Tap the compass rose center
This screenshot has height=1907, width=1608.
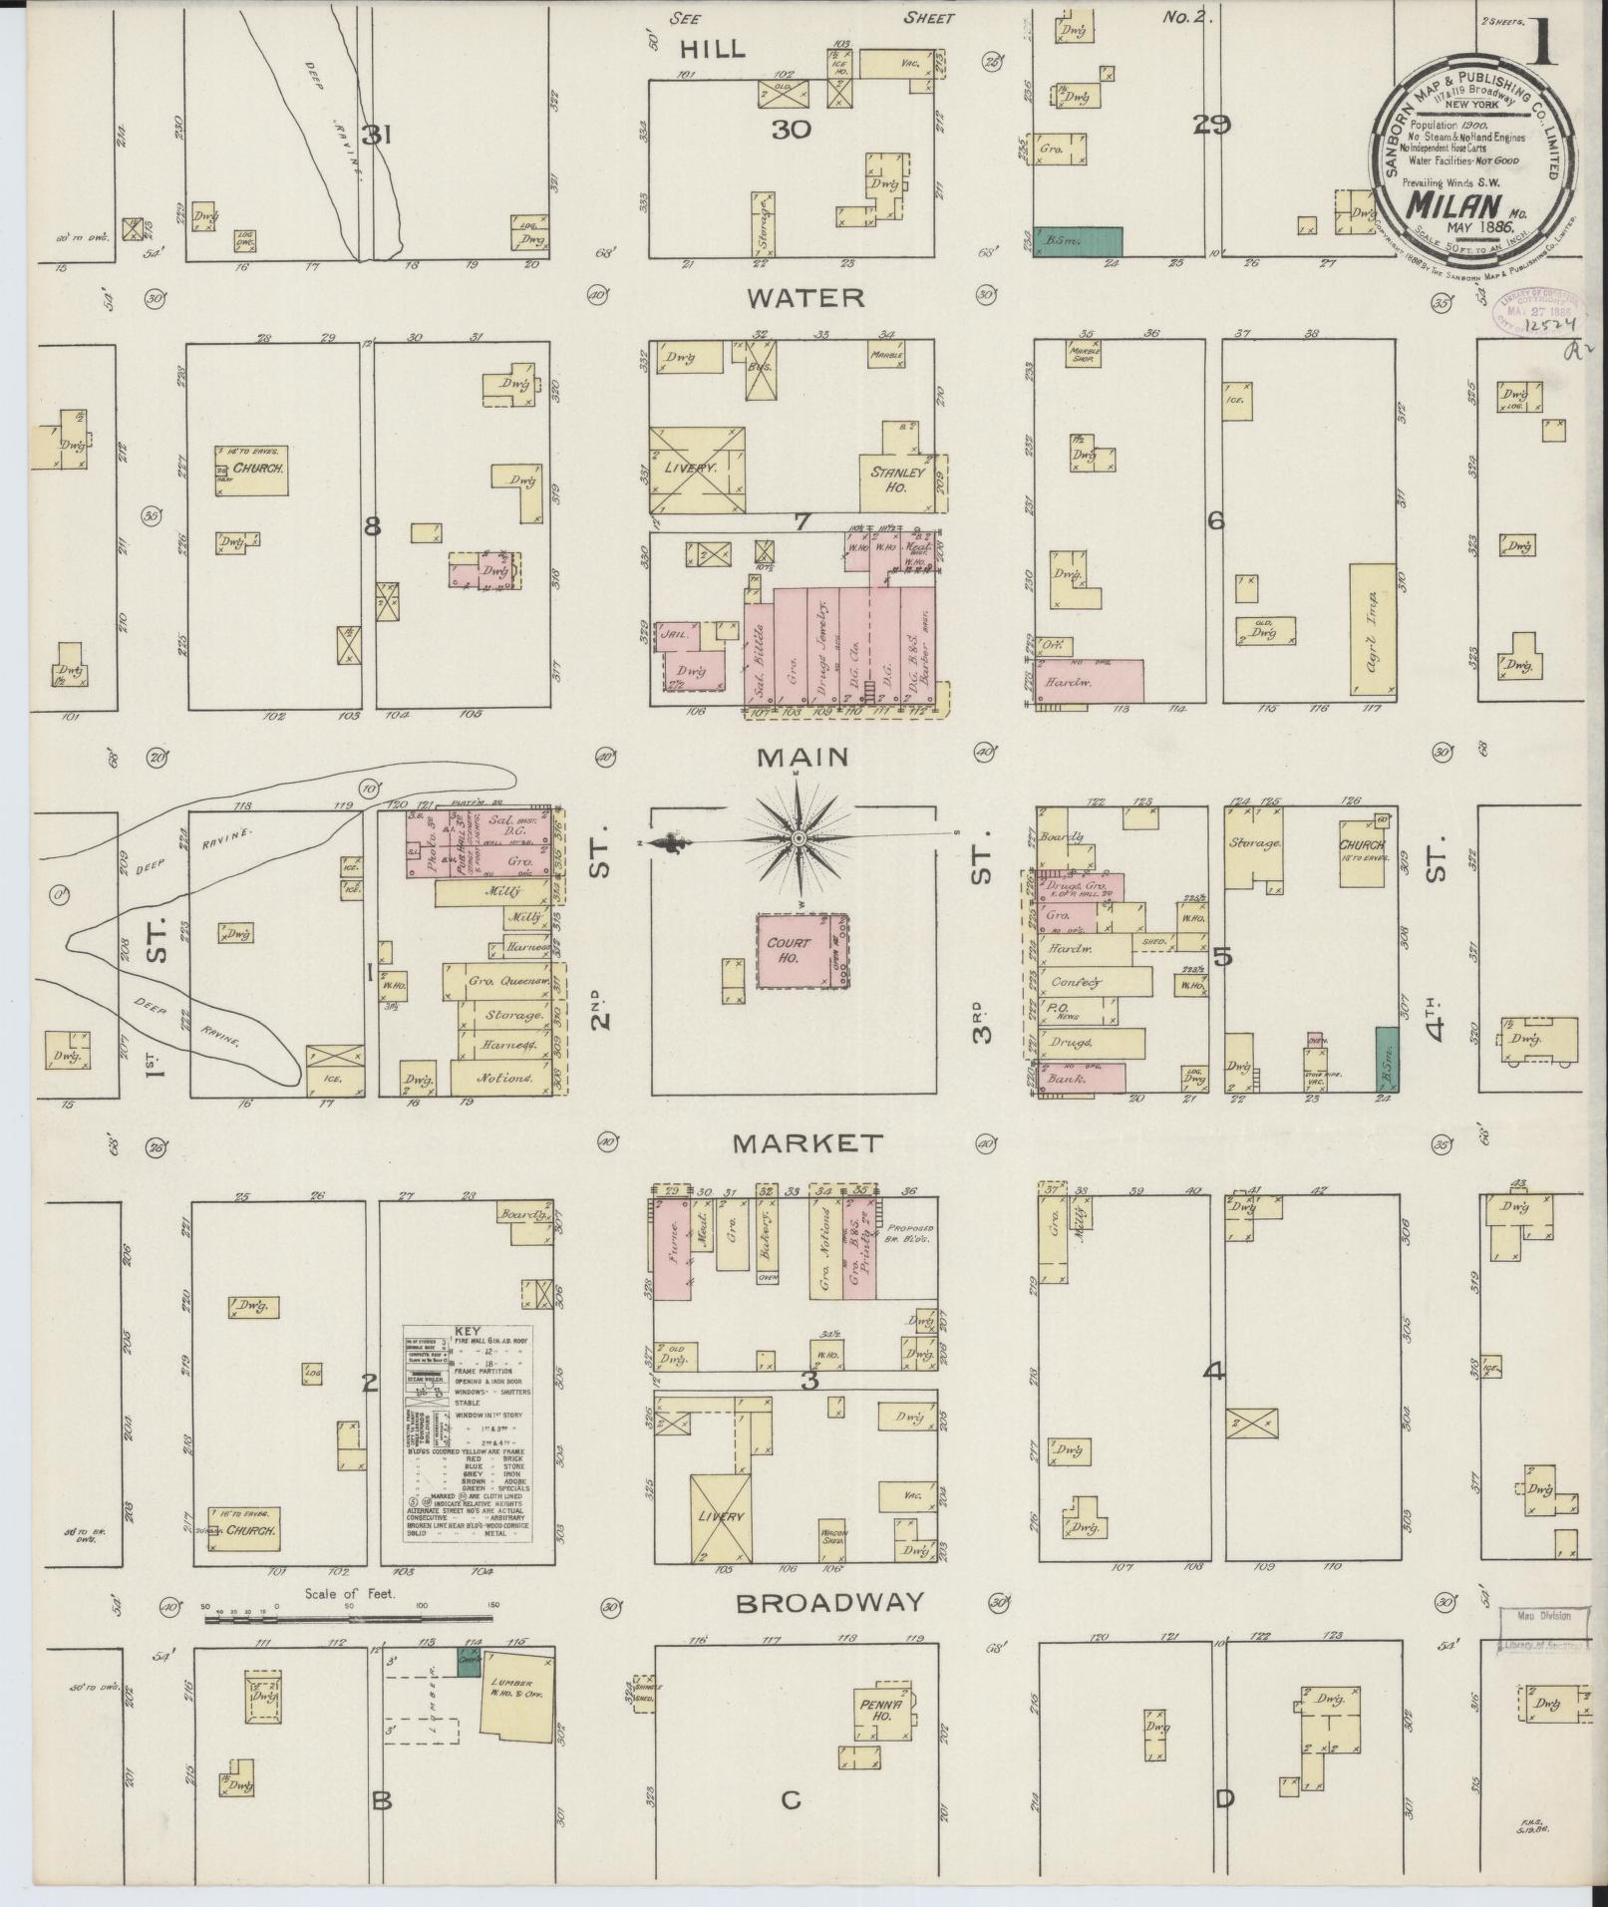pos(798,840)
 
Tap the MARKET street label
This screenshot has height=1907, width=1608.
pos(807,1142)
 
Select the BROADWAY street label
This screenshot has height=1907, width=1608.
pos(830,1603)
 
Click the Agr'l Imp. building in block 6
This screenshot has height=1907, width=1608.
pos(1371,629)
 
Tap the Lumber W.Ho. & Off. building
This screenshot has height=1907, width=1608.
pos(516,1695)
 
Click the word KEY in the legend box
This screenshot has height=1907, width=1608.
pos(467,1331)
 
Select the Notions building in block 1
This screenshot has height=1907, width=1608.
pos(502,1078)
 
